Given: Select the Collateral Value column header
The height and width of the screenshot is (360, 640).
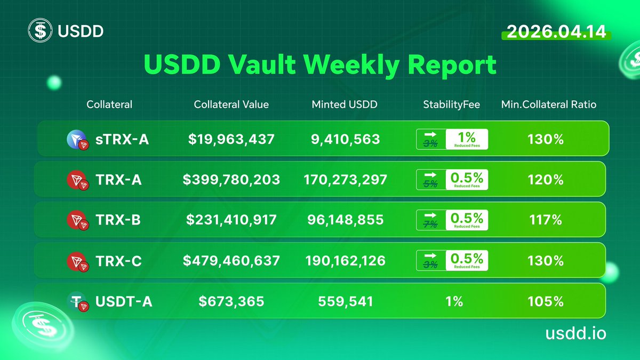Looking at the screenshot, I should [231, 105].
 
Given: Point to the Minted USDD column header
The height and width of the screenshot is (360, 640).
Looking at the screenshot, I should [344, 105].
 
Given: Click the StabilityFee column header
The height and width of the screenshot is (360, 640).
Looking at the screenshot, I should [451, 105].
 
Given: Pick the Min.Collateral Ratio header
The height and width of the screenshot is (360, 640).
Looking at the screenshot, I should [548, 105].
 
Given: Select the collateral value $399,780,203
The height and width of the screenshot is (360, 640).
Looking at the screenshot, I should [231, 180].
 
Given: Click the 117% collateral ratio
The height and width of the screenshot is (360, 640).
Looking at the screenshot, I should [546, 220].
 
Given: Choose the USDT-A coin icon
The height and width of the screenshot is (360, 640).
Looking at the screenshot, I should [75, 302].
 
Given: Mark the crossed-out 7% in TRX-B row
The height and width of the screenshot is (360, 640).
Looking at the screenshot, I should [430, 224].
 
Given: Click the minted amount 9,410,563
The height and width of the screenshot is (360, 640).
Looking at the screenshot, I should [346, 139].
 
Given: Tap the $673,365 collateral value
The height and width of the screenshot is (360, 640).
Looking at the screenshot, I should [231, 302].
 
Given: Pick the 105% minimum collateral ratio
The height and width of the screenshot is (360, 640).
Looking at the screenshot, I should [546, 302].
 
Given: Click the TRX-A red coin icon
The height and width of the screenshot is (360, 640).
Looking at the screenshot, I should [75, 180].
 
